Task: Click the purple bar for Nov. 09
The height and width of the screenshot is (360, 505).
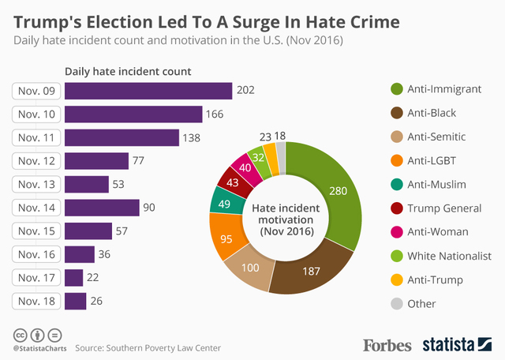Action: click(x=148, y=91)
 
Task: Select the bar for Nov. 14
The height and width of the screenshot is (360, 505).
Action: click(x=102, y=208)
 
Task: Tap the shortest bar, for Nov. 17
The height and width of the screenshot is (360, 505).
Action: click(x=73, y=277)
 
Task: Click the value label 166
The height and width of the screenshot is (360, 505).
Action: click(x=215, y=114)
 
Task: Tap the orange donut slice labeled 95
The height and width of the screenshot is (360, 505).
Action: click(x=226, y=238)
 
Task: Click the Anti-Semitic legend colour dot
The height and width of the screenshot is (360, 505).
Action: click(x=396, y=137)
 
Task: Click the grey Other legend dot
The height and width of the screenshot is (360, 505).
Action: click(x=396, y=303)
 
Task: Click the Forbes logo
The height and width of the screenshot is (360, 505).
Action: click(x=388, y=344)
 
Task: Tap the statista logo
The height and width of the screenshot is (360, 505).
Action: click(x=457, y=344)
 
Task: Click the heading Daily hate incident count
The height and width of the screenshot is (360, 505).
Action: click(x=128, y=72)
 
